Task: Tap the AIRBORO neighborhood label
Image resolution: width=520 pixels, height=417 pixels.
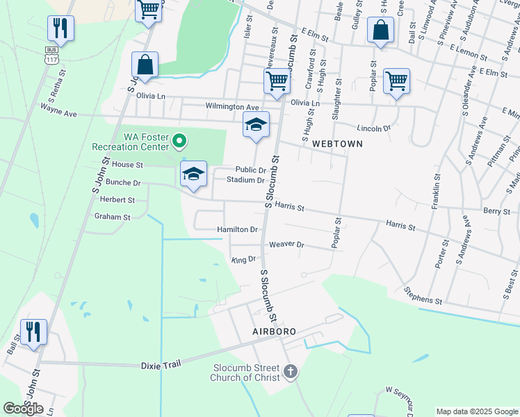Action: (x=274, y=332)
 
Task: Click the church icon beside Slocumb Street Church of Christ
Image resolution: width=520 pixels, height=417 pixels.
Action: (x=291, y=373)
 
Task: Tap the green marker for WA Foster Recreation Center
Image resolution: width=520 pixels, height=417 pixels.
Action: (x=179, y=141)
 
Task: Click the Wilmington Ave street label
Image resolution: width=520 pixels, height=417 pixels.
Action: (x=231, y=107)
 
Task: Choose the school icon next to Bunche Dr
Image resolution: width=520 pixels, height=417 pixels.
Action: (x=194, y=174)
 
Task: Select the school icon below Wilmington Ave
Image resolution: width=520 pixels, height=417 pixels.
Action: (x=256, y=126)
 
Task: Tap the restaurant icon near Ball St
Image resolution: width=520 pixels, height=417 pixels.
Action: (x=33, y=332)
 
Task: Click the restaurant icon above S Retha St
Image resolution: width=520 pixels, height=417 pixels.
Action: (x=60, y=28)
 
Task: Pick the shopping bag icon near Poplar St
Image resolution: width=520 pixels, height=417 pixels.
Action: (x=380, y=31)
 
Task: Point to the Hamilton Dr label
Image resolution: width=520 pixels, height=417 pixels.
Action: (x=237, y=229)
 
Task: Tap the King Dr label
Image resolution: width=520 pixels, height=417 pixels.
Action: (x=243, y=259)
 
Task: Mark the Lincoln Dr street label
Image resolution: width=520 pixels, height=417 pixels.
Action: (x=373, y=129)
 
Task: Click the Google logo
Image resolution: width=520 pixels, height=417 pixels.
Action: (x=23, y=409)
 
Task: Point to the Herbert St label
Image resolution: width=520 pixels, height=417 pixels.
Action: (x=117, y=199)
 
